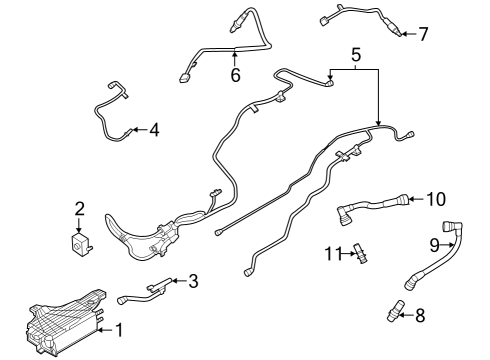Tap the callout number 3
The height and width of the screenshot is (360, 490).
[193, 282]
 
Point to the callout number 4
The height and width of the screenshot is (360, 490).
[153, 130]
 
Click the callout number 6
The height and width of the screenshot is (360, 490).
[235, 75]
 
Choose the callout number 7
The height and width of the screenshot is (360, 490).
[423, 35]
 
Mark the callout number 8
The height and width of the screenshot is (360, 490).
[419, 317]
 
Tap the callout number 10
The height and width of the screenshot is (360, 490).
[435, 199]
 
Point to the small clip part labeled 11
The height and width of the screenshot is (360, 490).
[361, 253]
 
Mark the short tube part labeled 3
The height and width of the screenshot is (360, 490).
[150, 291]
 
